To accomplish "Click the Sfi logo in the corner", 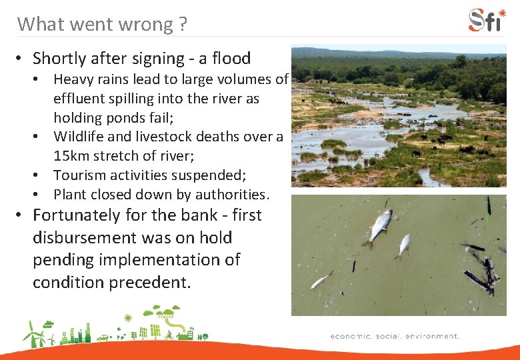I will point(487,20).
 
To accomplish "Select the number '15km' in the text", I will point(71,156).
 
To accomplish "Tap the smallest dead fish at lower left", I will point(321,279).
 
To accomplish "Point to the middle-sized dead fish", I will point(403,246).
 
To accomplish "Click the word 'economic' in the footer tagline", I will point(351,336).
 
